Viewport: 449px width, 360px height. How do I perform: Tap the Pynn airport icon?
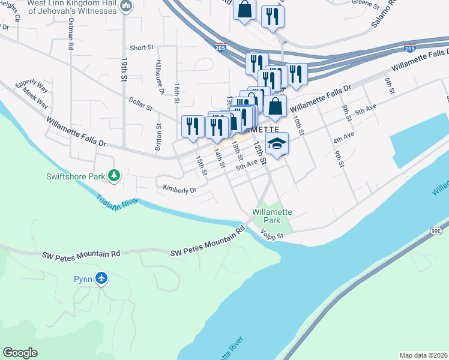point(101,279)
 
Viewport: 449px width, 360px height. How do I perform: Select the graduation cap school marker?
point(277,144)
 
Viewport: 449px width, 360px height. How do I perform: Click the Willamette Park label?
point(272,216)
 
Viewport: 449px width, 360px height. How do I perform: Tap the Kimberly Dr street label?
point(179,190)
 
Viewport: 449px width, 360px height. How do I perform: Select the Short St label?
point(142,48)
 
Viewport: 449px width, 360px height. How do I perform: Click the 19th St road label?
point(124,70)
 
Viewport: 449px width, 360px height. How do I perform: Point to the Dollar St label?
point(141,106)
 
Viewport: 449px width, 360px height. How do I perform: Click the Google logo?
point(20,353)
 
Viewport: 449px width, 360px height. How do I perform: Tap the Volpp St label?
point(272,235)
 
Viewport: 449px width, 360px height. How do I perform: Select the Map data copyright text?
point(424,355)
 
